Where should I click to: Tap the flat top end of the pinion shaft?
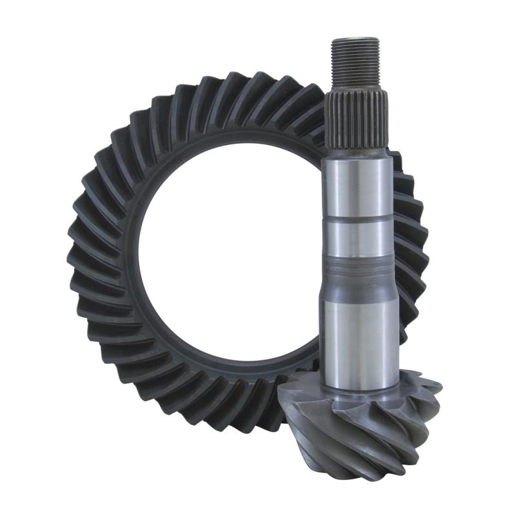[x=355, y=40]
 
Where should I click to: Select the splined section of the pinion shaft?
[x=356, y=119]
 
